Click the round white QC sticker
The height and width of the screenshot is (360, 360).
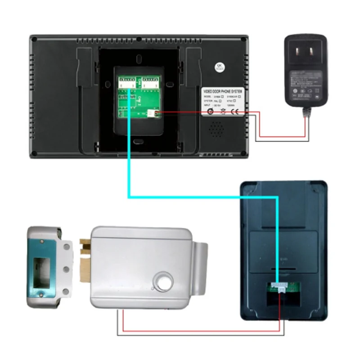[221, 66]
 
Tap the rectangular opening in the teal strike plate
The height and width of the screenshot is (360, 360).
[42, 268]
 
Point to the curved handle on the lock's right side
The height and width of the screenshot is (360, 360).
[202, 265]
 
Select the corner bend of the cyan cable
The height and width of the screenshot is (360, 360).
[130, 197]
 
